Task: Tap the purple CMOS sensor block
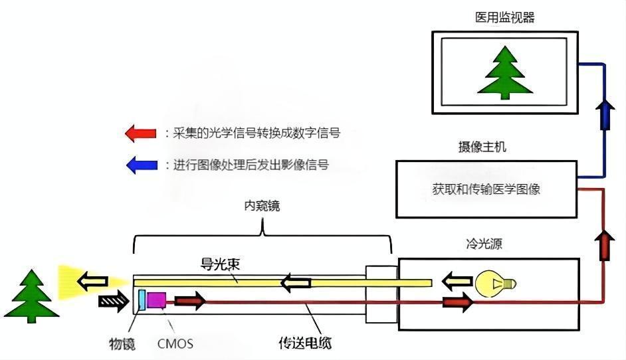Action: [x=157, y=300]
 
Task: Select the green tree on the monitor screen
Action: [x=504, y=72]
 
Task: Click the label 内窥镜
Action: [x=262, y=206]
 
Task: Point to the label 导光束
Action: [x=220, y=264]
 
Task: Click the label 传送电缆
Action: [x=304, y=343]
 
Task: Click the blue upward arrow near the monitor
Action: [x=604, y=114]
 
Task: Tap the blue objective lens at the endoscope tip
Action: [x=141, y=300]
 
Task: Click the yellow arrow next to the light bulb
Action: [x=455, y=281]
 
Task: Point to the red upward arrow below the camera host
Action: [x=605, y=245]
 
